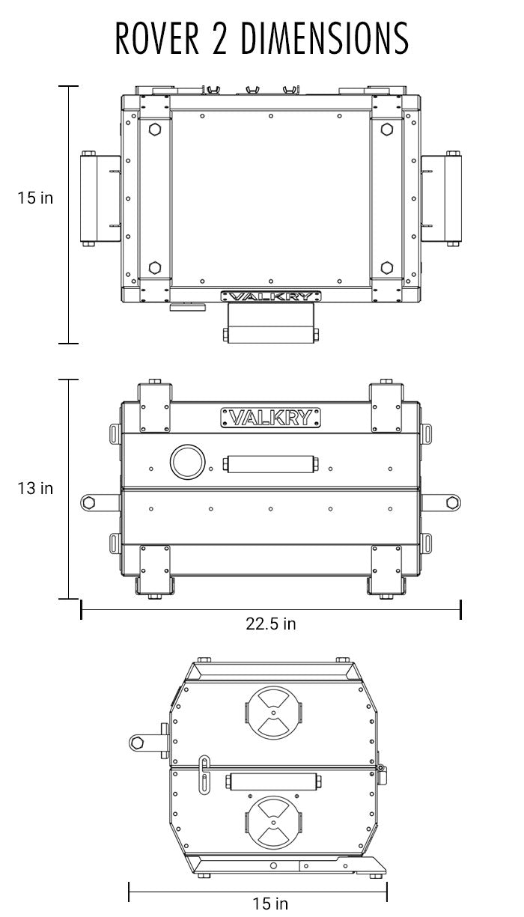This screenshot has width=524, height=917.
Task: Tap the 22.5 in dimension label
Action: click(x=270, y=624)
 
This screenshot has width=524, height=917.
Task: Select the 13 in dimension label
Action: click(x=36, y=488)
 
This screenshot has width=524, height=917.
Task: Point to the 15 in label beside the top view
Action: click(x=36, y=198)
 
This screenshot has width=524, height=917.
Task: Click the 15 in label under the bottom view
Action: click(x=270, y=904)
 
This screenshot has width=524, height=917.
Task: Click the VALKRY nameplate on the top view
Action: click(x=270, y=296)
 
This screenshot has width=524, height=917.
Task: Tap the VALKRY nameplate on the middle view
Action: click(x=270, y=417)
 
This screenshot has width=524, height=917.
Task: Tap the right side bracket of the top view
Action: click(x=442, y=198)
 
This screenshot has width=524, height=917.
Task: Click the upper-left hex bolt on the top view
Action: click(x=155, y=130)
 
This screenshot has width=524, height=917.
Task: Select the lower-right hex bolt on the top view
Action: click(x=386, y=267)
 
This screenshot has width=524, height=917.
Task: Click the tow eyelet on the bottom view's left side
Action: click(x=137, y=742)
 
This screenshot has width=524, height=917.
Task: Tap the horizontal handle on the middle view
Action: click(x=270, y=464)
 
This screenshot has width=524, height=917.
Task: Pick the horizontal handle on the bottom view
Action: click(x=273, y=782)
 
